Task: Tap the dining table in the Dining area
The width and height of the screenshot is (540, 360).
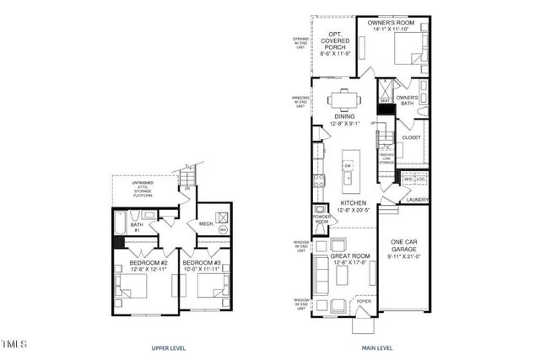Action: (343, 100)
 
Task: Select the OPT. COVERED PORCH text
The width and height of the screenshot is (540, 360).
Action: (334, 41)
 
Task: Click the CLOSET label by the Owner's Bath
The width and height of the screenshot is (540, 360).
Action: (411, 137)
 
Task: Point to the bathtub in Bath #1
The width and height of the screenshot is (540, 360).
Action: (120, 223)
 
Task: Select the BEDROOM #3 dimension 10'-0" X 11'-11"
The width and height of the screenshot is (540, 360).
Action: (203, 270)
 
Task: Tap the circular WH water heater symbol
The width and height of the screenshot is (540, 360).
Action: (224, 228)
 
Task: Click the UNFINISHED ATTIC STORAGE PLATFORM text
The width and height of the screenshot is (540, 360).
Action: (142, 188)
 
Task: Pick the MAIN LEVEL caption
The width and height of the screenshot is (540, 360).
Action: (371, 347)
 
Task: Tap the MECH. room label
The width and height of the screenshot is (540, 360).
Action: (204, 223)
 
